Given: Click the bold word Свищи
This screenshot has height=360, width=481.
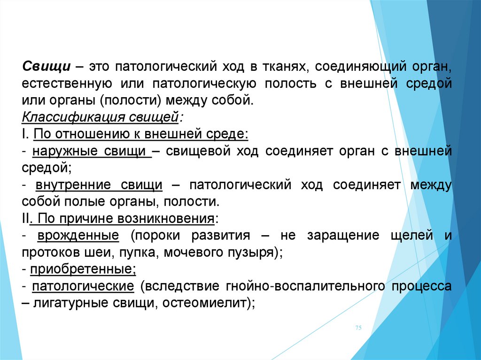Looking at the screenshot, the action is [x=47, y=67].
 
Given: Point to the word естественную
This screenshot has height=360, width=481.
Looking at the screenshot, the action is [x=67, y=84].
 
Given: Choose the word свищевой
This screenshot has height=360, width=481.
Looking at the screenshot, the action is [x=198, y=152].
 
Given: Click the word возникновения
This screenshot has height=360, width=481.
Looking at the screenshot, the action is [x=166, y=219].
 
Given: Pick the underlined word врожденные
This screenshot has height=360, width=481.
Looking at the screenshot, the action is [x=78, y=236].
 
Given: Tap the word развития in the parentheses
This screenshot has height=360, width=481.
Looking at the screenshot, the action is [x=221, y=236].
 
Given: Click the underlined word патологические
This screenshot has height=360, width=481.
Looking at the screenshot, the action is [x=83, y=286].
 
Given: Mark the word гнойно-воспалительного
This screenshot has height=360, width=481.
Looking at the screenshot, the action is [x=305, y=286].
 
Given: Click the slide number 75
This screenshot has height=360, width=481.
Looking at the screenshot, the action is [x=358, y=328].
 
